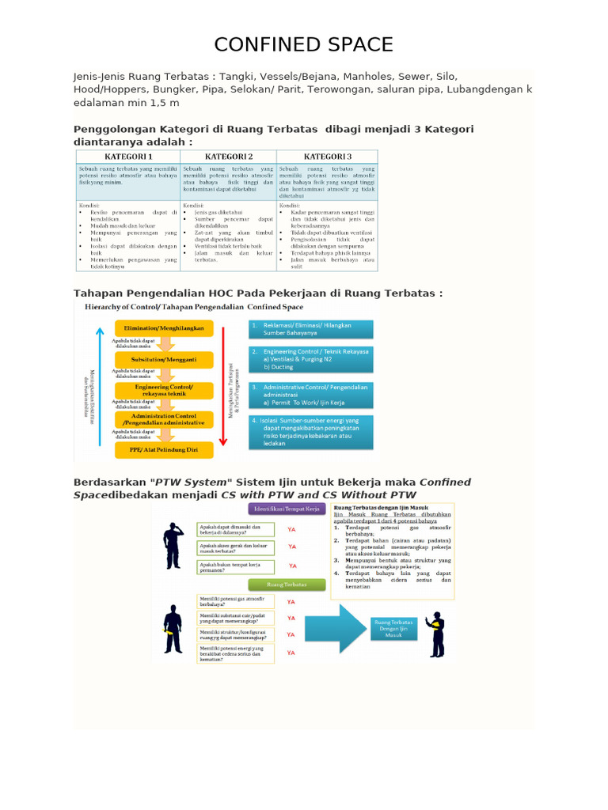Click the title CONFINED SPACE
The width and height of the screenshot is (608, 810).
(304, 44)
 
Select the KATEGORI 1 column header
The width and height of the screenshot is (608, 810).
(127, 157)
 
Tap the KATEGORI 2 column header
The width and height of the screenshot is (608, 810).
(229, 157)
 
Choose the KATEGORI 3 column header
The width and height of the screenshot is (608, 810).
(327, 157)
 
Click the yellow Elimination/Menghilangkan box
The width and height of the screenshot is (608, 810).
(163, 328)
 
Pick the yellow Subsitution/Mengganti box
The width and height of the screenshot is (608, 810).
(163, 359)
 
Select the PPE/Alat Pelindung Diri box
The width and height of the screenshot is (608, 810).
(163, 450)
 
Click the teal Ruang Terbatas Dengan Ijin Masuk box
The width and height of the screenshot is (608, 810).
(393, 628)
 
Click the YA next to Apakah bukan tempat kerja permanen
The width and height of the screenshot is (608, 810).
(292, 566)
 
